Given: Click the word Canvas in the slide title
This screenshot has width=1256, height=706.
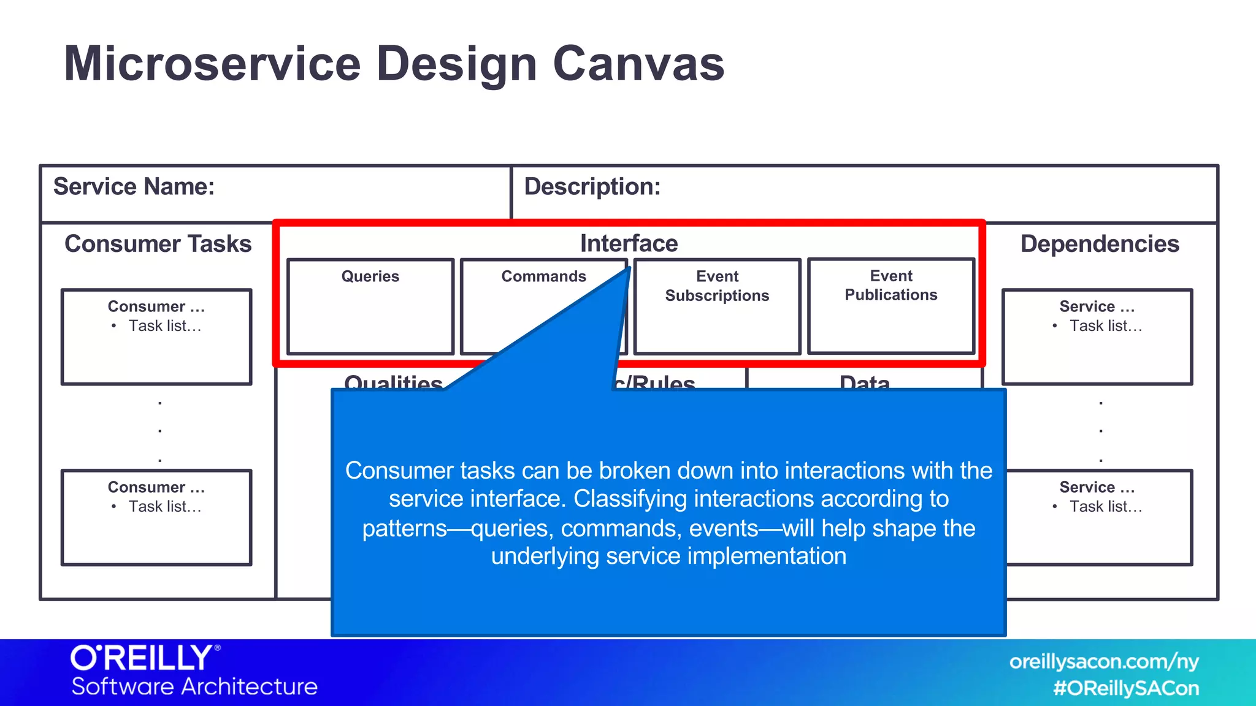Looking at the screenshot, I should point(638,64).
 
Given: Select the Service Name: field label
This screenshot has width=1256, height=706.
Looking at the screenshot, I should point(134,186).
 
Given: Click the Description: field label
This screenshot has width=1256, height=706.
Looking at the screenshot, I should point(592,186).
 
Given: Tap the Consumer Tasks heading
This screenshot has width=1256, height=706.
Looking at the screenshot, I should point(158,244).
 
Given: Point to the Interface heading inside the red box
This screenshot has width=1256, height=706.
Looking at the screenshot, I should point(629,243).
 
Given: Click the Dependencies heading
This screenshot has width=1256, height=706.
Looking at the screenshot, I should point(1099,244).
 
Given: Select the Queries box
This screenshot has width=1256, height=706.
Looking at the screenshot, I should point(370,306).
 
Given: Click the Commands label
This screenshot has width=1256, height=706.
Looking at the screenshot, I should point(543,276).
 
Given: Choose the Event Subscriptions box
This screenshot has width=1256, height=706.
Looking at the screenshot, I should point(717,306).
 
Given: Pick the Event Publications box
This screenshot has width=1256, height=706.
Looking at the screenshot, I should point(891,306).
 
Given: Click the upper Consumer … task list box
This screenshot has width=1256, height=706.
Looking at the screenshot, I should point(156,337).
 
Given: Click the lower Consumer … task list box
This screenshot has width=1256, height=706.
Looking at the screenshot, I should point(156,518).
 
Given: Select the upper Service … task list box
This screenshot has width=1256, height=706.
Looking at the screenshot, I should point(1097,337).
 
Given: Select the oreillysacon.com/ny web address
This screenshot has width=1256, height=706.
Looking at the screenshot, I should point(1103,662).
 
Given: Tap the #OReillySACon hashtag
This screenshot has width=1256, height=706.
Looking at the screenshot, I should point(1125,688).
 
